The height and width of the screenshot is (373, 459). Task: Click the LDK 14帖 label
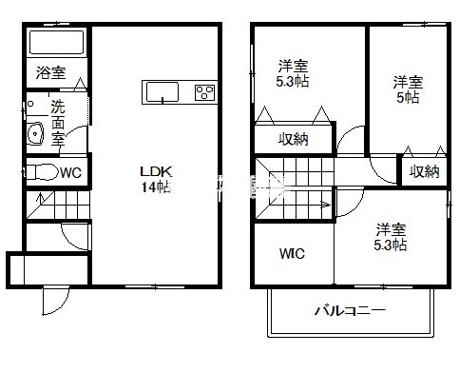coord(156,180)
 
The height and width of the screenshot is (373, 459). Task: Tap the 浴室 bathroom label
coord(50,72)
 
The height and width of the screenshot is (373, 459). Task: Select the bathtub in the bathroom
coord(57,42)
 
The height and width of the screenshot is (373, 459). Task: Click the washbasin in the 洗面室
coord(35,133)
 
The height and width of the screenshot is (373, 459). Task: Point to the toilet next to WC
coord(41,172)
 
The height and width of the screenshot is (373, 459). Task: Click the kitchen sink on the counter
coord(162,92)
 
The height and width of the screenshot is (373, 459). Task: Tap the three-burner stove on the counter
coord(204,92)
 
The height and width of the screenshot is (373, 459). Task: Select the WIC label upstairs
coord(292,253)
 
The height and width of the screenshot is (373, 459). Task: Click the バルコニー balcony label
coord(350,310)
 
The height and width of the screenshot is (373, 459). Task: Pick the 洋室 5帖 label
coord(408,89)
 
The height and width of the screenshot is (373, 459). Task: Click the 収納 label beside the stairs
coord(294,139)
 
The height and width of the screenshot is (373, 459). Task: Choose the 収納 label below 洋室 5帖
coord(425,171)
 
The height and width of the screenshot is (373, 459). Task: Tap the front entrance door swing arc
coord(60,307)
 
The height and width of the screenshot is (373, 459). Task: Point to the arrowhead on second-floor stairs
coord(326,205)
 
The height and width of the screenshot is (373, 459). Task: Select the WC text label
coord(71,173)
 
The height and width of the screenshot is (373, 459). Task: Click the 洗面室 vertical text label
coord(58,123)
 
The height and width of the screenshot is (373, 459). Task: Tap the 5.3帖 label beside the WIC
coord(391,245)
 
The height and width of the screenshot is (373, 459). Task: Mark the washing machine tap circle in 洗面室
coord(30,104)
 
